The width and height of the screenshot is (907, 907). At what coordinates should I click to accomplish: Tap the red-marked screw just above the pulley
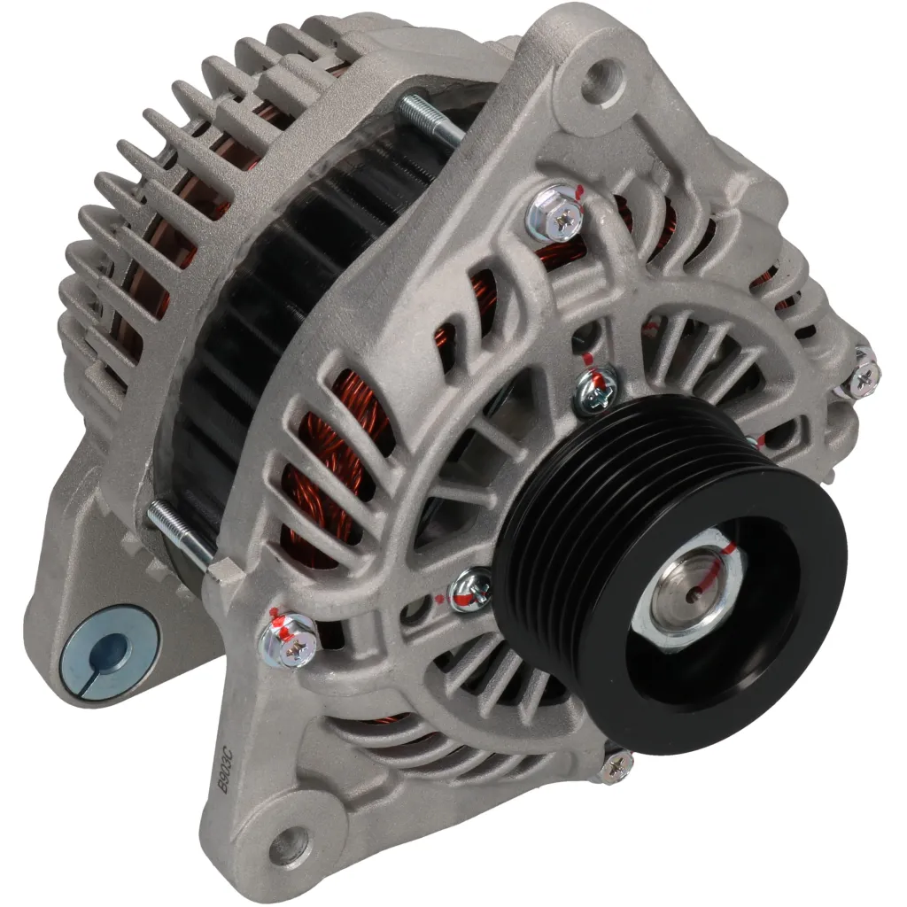click(x=595, y=391)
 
